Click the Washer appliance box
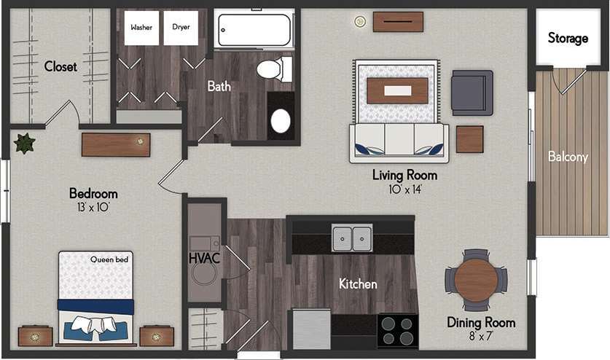tap(141, 28)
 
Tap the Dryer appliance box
tap(181, 28)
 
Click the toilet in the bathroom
tap(273, 70)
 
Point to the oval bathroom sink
tap(281, 121)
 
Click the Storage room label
tap(568, 38)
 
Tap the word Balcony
tap(568, 157)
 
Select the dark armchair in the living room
tap(472, 92)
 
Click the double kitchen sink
tap(352, 238)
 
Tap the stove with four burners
tap(397, 330)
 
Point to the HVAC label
tap(204, 258)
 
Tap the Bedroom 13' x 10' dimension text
tap(93, 207)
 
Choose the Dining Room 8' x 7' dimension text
tap(481, 336)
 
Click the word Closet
tap(60, 66)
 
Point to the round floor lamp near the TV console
tap(359, 22)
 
